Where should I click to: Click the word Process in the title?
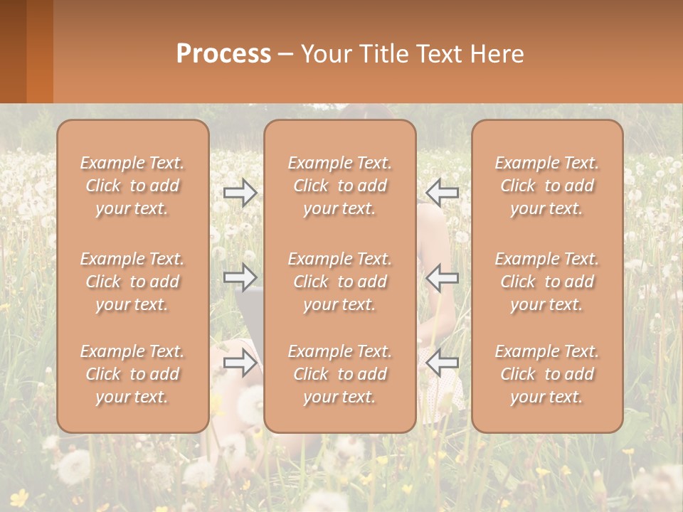pyautogui.click(x=223, y=54)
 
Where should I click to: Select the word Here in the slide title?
pyautogui.click(x=497, y=54)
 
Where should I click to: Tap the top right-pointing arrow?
pyautogui.click(x=240, y=193)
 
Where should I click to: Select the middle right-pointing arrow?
pyautogui.click(x=240, y=277)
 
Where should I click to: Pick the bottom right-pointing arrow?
pyautogui.click(x=240, y=363)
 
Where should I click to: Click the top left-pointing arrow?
pyautogui.click(x=443, y=192)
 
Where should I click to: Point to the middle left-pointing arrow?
pyautogui.click(x=443, y=277)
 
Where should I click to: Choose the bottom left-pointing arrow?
pyautogui.click(x=443, y=363)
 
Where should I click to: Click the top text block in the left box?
pyautogui.click(x=132, y=186)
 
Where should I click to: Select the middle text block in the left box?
pyautogui.click(x=132, y=282)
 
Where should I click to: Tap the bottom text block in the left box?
pyautogui.click(x=132, y=374)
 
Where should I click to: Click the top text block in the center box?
pyautogui.click(x=340, y=186)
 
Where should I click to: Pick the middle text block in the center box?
pyautogui.click(x=340, y=282)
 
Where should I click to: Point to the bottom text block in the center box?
pyautogui.click(x=340, y=374)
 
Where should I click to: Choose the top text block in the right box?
pyautogui.click(x=547, y=186)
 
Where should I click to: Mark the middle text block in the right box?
pyautogui.click(x=547, y=282)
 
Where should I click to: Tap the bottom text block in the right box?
pyautogui.click(x=547, y=374)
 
